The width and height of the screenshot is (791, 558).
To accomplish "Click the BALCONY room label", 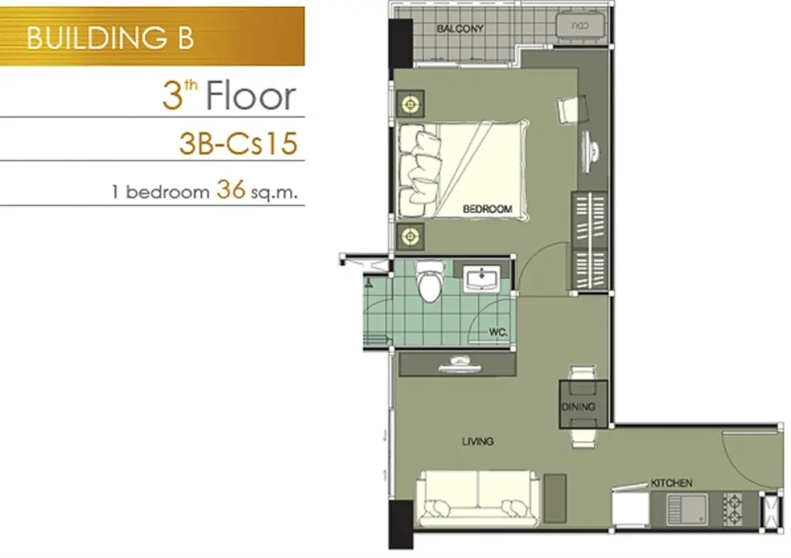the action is pos(460,28).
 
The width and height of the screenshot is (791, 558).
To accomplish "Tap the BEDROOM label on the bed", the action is pos(486,208).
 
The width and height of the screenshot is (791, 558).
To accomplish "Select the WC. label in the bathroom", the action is pos(498,332).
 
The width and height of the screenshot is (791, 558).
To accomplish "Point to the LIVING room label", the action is pos(477,442).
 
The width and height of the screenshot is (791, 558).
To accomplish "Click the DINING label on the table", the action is pos(578,407).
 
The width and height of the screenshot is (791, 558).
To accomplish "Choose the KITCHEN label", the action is pos(671,484).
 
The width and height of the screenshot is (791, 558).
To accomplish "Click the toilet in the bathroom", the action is pos(430,281).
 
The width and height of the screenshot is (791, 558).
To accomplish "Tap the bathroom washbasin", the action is pos(481,279).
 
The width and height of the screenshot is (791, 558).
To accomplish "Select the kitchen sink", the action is pos(687,508).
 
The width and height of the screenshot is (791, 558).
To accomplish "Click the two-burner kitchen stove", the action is pos(732,508).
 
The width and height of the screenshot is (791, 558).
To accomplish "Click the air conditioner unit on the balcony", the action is pos(580,25).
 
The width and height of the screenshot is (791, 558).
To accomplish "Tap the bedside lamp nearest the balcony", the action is pos(410,104).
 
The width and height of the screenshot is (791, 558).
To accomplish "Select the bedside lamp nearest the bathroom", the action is pos(410,236).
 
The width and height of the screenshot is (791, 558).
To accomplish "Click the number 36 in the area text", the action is pos(230,190).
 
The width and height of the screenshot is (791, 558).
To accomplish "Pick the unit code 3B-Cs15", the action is pos(238,143).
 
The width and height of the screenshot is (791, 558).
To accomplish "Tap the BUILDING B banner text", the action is pos(110,38).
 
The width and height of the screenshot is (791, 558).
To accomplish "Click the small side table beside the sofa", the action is pos(555,499).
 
